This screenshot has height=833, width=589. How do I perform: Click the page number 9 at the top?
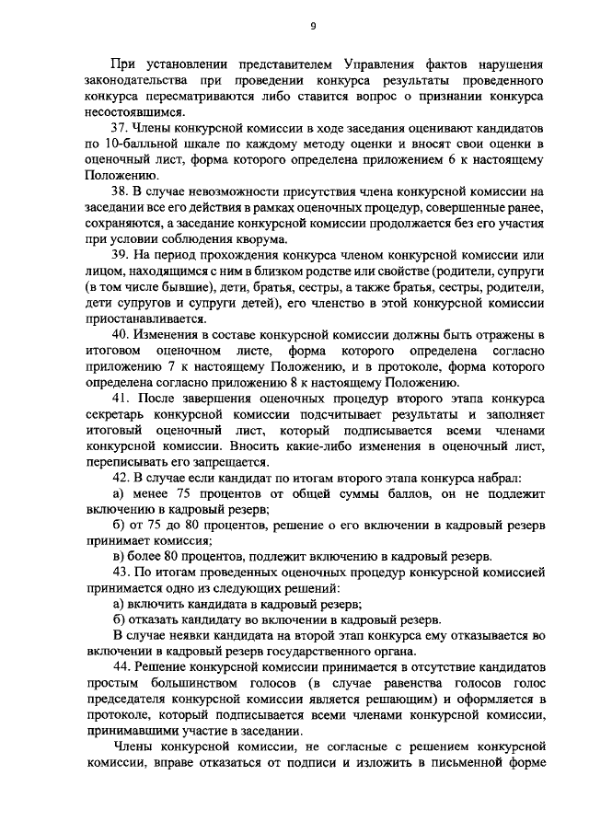coord(312,26)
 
